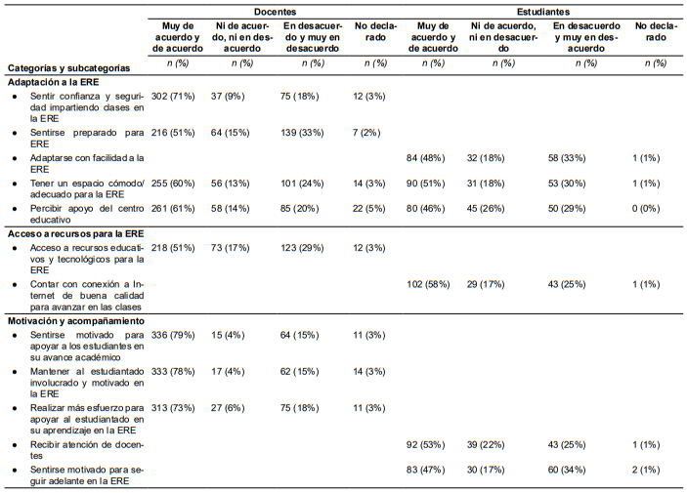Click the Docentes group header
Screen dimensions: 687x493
click(275, 12)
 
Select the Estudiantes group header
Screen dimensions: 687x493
click(543, 12)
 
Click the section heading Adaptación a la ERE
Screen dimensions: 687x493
click(54, 82)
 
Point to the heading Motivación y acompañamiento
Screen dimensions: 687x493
click(76, 321)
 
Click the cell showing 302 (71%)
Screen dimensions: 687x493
click(173, 96)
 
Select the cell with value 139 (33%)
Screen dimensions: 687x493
click(302, 133)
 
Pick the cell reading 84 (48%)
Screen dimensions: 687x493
click(426, 158)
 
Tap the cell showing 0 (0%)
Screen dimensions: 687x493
click(646, 209)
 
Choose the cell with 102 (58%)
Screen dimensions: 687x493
click(428, 285)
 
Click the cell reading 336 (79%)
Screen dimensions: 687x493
click(173, 336)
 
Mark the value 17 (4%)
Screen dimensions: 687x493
click(228, 372)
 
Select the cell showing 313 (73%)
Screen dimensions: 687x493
click(173, 408)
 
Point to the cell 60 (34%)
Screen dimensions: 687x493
click(567, 470)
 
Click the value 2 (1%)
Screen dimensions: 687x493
click(646, 470)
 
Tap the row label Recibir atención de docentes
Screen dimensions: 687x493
click(87, 450)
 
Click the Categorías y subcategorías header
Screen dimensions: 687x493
click(68, 68)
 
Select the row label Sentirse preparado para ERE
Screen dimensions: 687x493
click(87, 139)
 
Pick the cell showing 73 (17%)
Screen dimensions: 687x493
click(230, 248)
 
